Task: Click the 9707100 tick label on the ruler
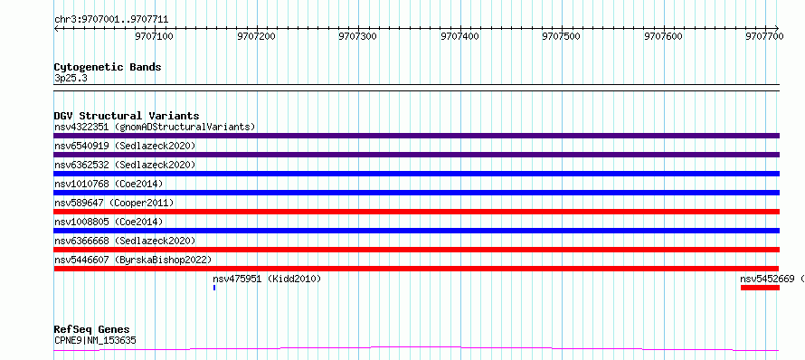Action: click(155, 36)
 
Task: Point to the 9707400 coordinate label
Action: click(460, 36)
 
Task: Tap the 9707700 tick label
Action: click(765, 36)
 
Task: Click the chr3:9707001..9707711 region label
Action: click(111, 20)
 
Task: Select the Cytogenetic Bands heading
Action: click(108, 67)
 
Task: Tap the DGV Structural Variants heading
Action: click(127, 116)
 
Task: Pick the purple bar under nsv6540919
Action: click(416, 155)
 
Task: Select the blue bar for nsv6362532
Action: click(416, 174)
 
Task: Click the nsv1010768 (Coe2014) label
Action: click(109, 184)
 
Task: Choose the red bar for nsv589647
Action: click(416, 212)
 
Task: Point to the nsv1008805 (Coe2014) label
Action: click(109, 222)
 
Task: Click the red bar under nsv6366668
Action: click(416, 250)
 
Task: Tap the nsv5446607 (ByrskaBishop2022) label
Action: click(132, 260)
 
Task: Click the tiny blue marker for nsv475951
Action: click(214, 288)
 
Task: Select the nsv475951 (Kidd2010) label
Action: click(267, 279)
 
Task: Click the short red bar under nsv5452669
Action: click(761, 288)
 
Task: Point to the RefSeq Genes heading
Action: click(92, 329)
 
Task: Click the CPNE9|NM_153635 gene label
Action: click(95, 340)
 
